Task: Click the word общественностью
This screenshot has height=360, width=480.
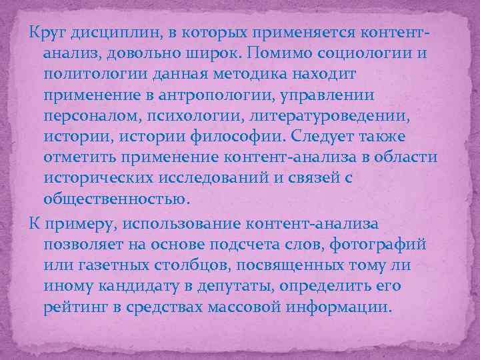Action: click(x=117, y=200)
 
